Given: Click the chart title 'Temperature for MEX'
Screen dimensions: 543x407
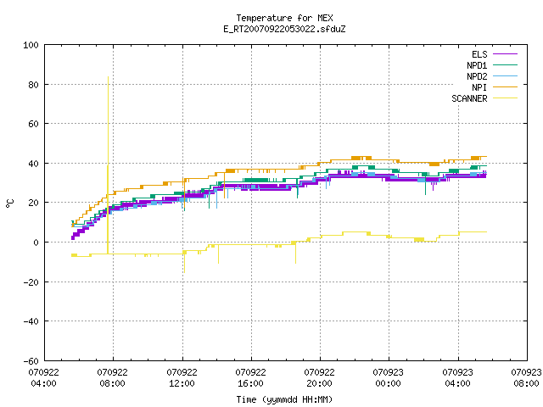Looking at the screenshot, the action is tap(284, 18).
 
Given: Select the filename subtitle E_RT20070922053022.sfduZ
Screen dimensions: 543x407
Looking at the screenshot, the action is tap(284, 29).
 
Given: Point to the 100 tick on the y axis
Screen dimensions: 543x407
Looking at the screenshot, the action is tap(31, 45).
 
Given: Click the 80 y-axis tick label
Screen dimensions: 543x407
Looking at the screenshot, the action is tap(34, 85).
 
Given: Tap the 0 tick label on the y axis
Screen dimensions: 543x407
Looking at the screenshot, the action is tap(36, 243).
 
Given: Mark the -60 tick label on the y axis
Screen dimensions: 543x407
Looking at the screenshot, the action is tap(31, 361).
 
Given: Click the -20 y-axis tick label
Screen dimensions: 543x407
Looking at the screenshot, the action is tap(31, 282).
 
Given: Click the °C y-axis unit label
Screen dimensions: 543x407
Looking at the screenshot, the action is tap(10, 203).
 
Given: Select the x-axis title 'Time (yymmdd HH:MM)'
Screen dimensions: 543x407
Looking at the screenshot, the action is tap(284, 399).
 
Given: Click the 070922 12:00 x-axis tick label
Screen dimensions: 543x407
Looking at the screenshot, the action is tap(182, 378).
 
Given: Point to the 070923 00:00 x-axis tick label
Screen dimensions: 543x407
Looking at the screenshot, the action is tap(389, 378).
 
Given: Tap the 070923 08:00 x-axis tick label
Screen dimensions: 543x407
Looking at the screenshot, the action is tap(526, 378).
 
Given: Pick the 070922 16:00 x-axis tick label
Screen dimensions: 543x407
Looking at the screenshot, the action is tap(251, 378).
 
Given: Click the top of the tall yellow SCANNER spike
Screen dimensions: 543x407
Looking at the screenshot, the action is tap(108, 77).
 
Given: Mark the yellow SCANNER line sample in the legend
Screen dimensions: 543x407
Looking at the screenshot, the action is tap(506, 98).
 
